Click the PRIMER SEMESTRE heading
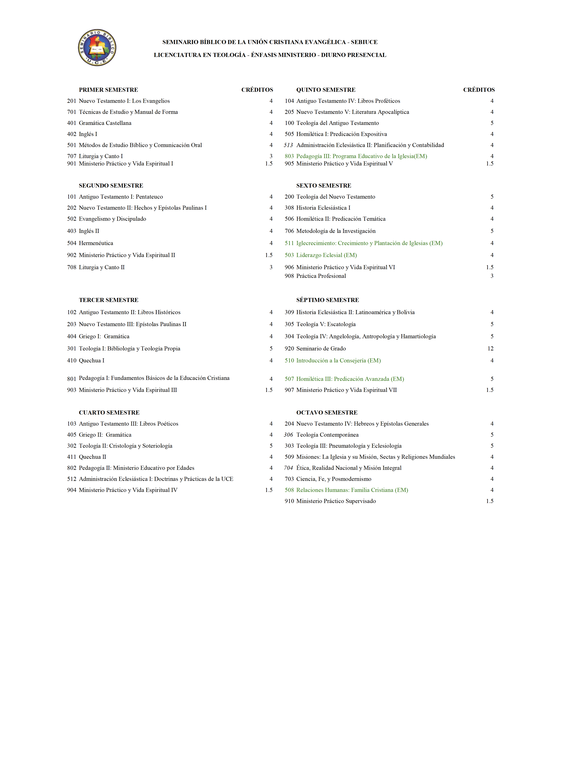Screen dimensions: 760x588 pyautogui.click(x=108, y=90)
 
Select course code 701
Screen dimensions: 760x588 pyautogui.click(x=71, y=112)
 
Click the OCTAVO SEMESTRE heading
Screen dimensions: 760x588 pyautogui.click(x=327, y=413)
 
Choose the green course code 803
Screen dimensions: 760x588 pyautogui.click(x=289, y=156)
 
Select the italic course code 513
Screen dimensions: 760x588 pyautogui.click(x=288, y=145)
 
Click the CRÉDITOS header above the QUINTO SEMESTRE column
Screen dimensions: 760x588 pyautogui.click(x=479, y=90)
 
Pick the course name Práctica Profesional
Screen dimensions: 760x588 pyautogui.click(x=321, y=276)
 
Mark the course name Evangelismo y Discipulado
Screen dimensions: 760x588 pyautogui.click(x=112, y=219)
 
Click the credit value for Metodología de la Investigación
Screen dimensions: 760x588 pyautogui.click(x=492, y=231)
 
